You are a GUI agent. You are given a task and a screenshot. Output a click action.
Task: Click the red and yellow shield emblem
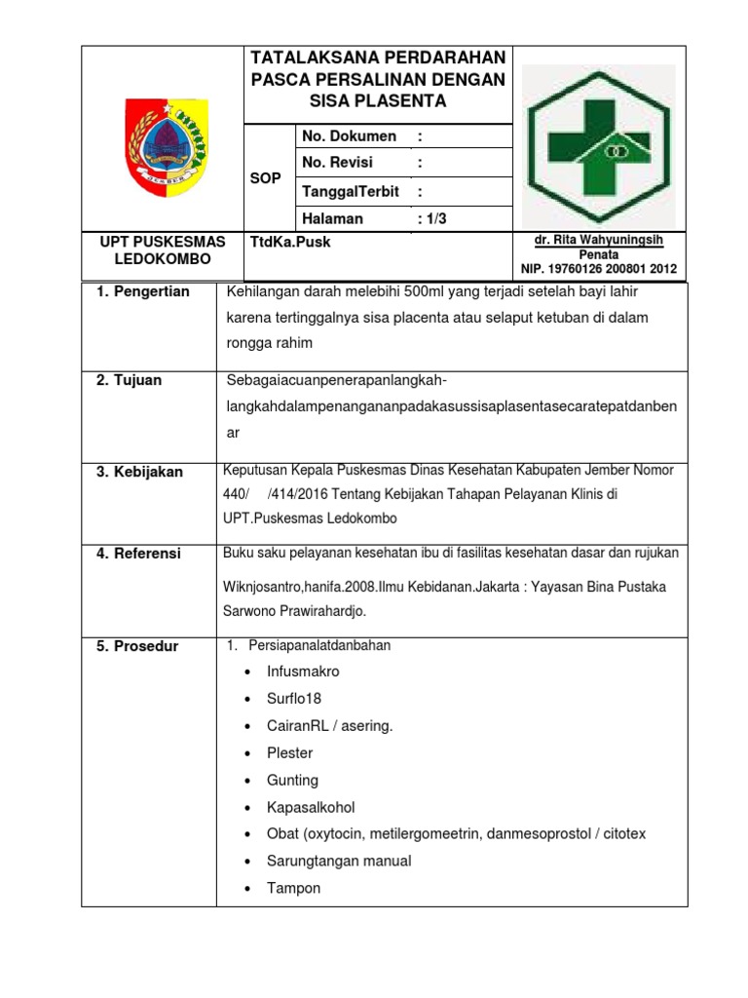coord(161,144)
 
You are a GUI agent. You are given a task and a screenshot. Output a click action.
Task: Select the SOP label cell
coord(266,178)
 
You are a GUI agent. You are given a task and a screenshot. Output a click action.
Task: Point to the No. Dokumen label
coord(350,136)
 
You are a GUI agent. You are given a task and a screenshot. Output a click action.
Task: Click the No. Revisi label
coord(339,163)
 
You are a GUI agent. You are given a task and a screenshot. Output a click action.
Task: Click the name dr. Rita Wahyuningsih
coord(599,240)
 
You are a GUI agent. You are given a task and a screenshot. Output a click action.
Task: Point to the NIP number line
coord(599,269)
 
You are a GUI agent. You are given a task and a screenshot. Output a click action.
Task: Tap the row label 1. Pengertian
coord(143,292)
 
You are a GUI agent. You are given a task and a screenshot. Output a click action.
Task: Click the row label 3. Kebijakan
coord(139,472)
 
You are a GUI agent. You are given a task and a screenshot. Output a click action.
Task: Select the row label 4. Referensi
coord(138,554)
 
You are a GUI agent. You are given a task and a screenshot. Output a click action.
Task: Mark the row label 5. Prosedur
coord(137,646)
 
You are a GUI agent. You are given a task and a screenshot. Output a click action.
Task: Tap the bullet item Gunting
coord(292,781)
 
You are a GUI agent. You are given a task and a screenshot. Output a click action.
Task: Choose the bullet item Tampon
coord(293,888)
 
